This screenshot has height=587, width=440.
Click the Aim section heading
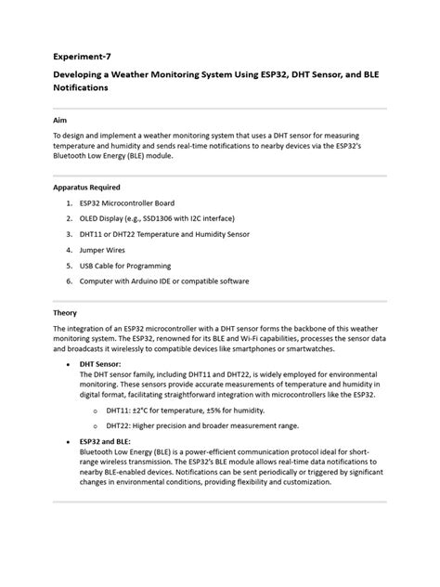[x=59, y=120]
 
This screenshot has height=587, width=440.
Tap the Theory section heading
[x=65, y=313]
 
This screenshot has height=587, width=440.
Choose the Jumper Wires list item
[x=108, y=250]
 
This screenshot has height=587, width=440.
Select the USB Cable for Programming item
[x=133, y=265]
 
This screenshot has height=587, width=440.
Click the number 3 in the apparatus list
[x=70, y=234]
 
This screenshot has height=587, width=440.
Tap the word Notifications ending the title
[x=81, y=88]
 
